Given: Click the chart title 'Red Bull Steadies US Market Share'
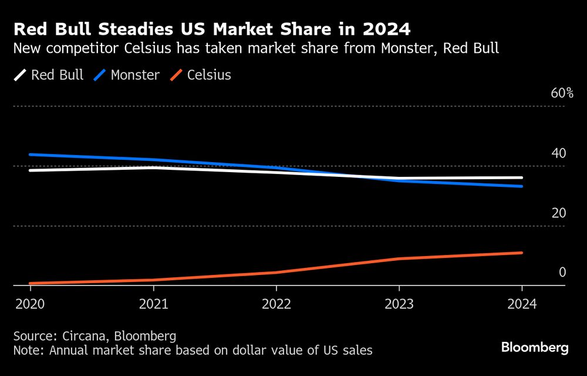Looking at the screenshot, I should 211,29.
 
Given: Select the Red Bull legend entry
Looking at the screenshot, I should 49,75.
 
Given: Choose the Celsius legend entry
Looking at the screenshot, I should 201,75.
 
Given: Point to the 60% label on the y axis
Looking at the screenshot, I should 562,93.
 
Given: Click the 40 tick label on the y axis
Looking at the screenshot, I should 558,153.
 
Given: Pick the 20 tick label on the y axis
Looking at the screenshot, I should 558,213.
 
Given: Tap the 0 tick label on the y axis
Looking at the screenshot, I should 562,273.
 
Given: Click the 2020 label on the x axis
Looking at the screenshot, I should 30,304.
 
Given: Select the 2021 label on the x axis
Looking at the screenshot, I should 153,304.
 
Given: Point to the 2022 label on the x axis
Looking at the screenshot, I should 276,304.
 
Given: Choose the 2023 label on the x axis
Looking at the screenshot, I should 399,304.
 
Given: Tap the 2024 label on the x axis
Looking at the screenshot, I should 522,304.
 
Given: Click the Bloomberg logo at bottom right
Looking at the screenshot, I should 535,348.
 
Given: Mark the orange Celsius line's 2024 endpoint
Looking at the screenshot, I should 522,253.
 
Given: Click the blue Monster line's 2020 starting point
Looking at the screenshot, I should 30,155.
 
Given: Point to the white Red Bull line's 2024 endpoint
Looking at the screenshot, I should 522,177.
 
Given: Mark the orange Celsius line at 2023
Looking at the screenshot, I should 399,258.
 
